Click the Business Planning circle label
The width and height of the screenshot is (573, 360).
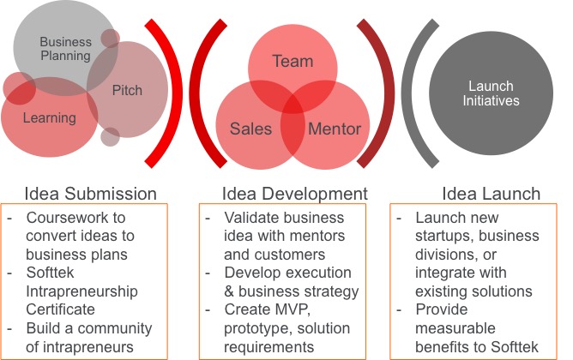click(x=66, y=49)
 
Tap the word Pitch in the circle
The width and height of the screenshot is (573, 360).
click(x=127, y=90)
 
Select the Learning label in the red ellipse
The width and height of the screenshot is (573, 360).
click(x=50, y=118)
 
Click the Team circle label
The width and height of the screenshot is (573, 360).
click(x=293, y=61)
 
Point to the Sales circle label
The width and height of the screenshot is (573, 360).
click(x=250, y=129)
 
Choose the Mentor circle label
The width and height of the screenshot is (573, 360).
click(x=335, y=129)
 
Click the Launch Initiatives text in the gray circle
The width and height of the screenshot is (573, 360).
click(x=491, y=93)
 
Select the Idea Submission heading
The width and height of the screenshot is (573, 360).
click(x=90, y=194)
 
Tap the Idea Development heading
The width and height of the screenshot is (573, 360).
click(x=294, y=194)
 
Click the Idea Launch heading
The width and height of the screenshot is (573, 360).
click(x=491, y=194)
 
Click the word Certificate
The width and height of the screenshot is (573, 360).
click(x=60, y=309)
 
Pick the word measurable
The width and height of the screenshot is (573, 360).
click(x=455, y=328)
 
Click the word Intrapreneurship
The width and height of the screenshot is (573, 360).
click(x=81, y=291)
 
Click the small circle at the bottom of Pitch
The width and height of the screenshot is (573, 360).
click(x=110, y=137)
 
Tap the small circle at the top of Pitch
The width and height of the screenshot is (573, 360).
click(x=110, y=39)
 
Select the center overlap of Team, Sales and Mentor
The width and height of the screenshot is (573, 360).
click(x=293, y=104)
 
